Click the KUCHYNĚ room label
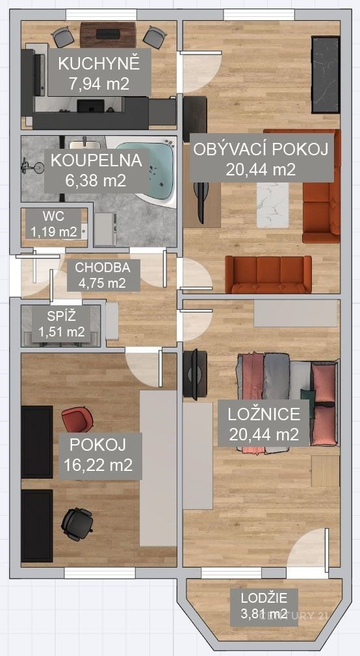[98, 64]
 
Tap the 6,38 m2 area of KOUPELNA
[96, 181]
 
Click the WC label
[53, 216]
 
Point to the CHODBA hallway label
[103, 268]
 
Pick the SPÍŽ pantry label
[61, 316]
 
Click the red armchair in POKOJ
[77, 419]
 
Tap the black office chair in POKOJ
[77, 524]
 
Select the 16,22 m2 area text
[98, 464]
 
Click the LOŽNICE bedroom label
[264, 414]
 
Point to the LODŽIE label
[263, 598]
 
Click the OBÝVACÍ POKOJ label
[261, 149]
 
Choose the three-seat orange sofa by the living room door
[268, 275]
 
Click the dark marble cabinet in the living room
[326, 75]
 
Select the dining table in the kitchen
[108, 34]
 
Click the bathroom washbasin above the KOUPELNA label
[84, 144]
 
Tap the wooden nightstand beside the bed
[326, 471]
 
